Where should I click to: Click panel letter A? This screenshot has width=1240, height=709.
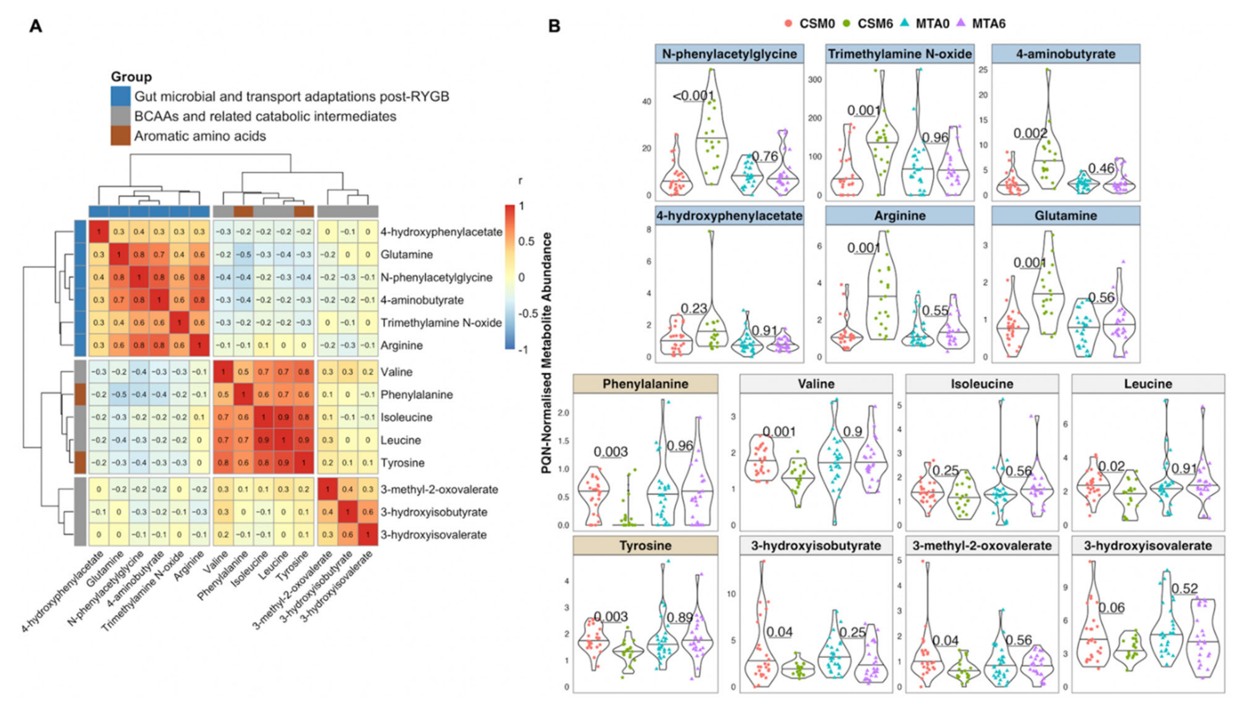(x=36, y=26)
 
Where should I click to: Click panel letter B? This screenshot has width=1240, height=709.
(x=554, y=26)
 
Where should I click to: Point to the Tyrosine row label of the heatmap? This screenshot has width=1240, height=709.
(x=403, y=462)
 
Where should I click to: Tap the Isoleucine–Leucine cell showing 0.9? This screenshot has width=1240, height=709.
(x=283, y=417)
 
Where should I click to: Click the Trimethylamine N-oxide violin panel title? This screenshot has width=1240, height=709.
(x=900, y=54)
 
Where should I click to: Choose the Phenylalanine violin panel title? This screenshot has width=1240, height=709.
(x=645, y=384)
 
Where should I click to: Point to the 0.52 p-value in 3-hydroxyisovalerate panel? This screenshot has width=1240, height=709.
(x=1185, y=588)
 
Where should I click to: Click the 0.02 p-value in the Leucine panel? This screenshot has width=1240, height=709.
(x=1111, y=466)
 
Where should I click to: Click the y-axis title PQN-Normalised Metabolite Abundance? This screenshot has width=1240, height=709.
(x=547, y=353)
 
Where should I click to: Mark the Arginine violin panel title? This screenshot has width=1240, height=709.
(x=900, y=216)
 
